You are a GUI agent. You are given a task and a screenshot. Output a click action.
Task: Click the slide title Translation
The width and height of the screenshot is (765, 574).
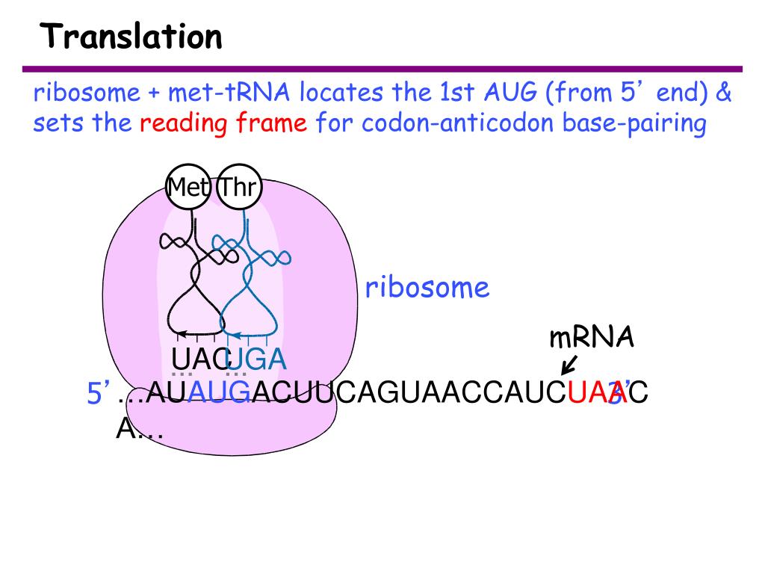pyautogui.click(x=131, y=36)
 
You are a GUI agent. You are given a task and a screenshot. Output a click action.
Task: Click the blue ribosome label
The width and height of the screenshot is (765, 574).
pyautogui.click(x=427, y=288)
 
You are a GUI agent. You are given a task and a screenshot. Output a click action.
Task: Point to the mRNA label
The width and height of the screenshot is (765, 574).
pyautogui.click(x=592, y=338)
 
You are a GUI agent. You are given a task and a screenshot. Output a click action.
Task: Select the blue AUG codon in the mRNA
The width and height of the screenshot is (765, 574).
pyautogui.click(x=218, y=392)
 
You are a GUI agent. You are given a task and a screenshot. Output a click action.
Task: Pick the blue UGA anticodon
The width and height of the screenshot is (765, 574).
pyautogui.click(x=256, y=359)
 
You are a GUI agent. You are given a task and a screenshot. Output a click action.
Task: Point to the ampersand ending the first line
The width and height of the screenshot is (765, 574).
pyautogui.click(x=724, y=93)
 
